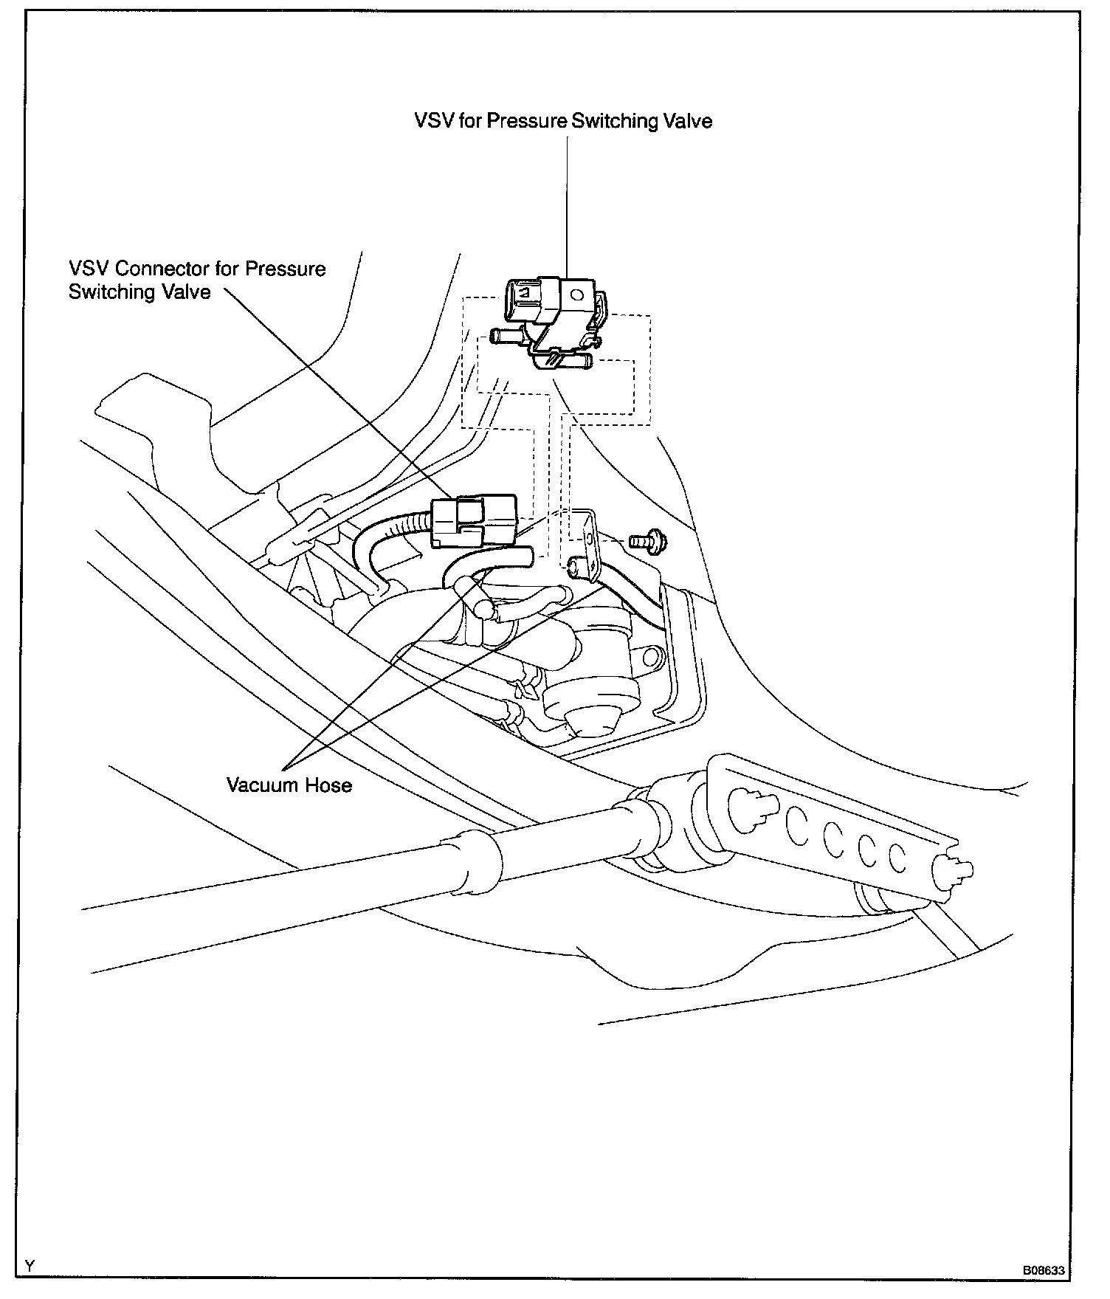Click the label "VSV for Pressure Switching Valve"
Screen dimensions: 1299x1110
pyautogui.click(x=563, y=121)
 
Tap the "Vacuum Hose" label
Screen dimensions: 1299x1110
pyautogui.click(x=289, y=785)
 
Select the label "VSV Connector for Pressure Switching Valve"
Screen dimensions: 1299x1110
pyautogui.click(x=197, y=280)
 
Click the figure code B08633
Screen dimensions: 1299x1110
pyautogui.click(x=1043, y=1271)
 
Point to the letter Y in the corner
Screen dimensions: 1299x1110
pyautogui.click(x=30, y=1267)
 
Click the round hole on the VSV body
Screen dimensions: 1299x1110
pyautogui.click(x=577, y=294)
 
